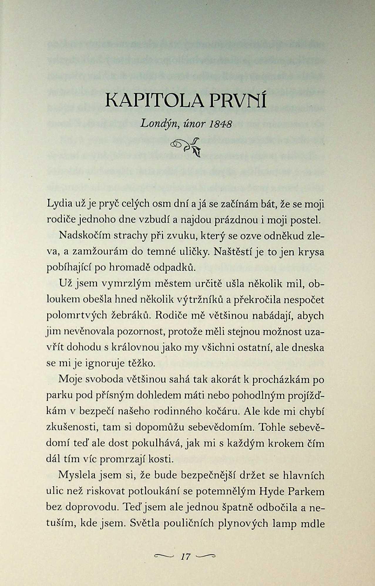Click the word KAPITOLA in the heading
[155, 101]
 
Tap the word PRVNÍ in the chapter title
[238, 101]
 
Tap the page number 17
[186, 556]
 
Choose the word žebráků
[130, 315]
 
